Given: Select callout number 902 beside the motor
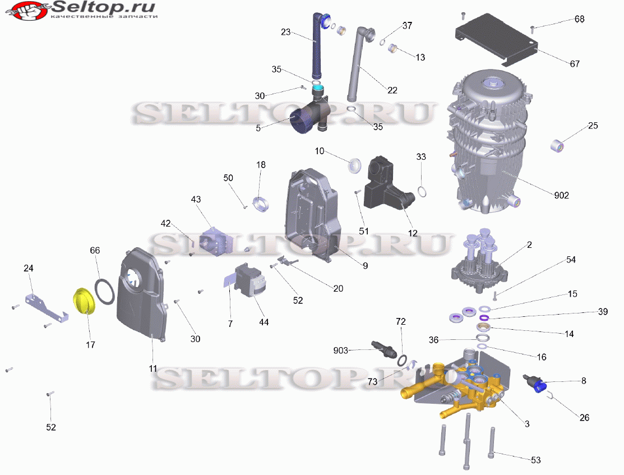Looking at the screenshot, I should coord(561,195).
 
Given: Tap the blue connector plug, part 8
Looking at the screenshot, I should coord(536,384).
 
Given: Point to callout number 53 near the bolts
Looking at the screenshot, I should coord(535,460).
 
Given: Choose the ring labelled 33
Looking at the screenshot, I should coord(424,192).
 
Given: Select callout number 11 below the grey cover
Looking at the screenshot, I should coord(153,369).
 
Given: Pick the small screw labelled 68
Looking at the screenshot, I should coord(533,27).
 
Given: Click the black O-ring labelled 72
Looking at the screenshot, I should coord(403,359).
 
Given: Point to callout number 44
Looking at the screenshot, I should coord(264,322).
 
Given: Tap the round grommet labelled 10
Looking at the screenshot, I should coord(355,165).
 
